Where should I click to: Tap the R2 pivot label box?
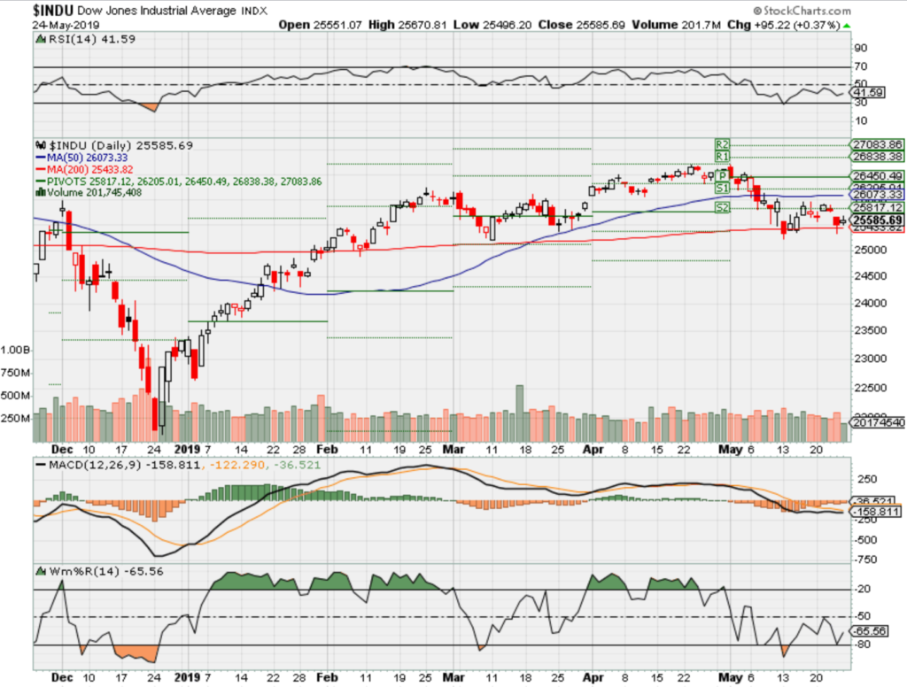coord(723,143)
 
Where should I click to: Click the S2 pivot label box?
coord(723,207)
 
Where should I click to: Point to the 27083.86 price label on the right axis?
coord(876,144)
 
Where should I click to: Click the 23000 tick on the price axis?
coord(869,359)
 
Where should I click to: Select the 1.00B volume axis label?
coord(15,350)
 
